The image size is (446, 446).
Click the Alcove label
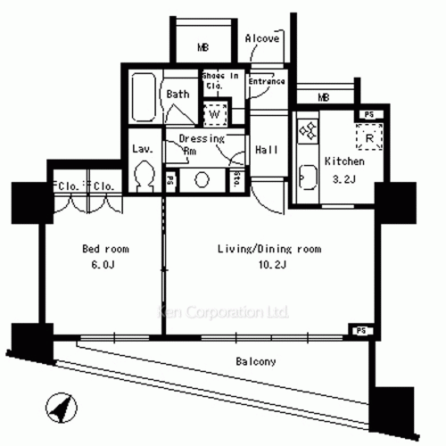point(262,39)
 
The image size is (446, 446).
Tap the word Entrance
point(267,82)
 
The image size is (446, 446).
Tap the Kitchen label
point(344,162)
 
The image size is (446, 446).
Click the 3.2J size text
point(343,179)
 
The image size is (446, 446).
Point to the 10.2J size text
point(270,265)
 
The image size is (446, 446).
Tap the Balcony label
point(255,361)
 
